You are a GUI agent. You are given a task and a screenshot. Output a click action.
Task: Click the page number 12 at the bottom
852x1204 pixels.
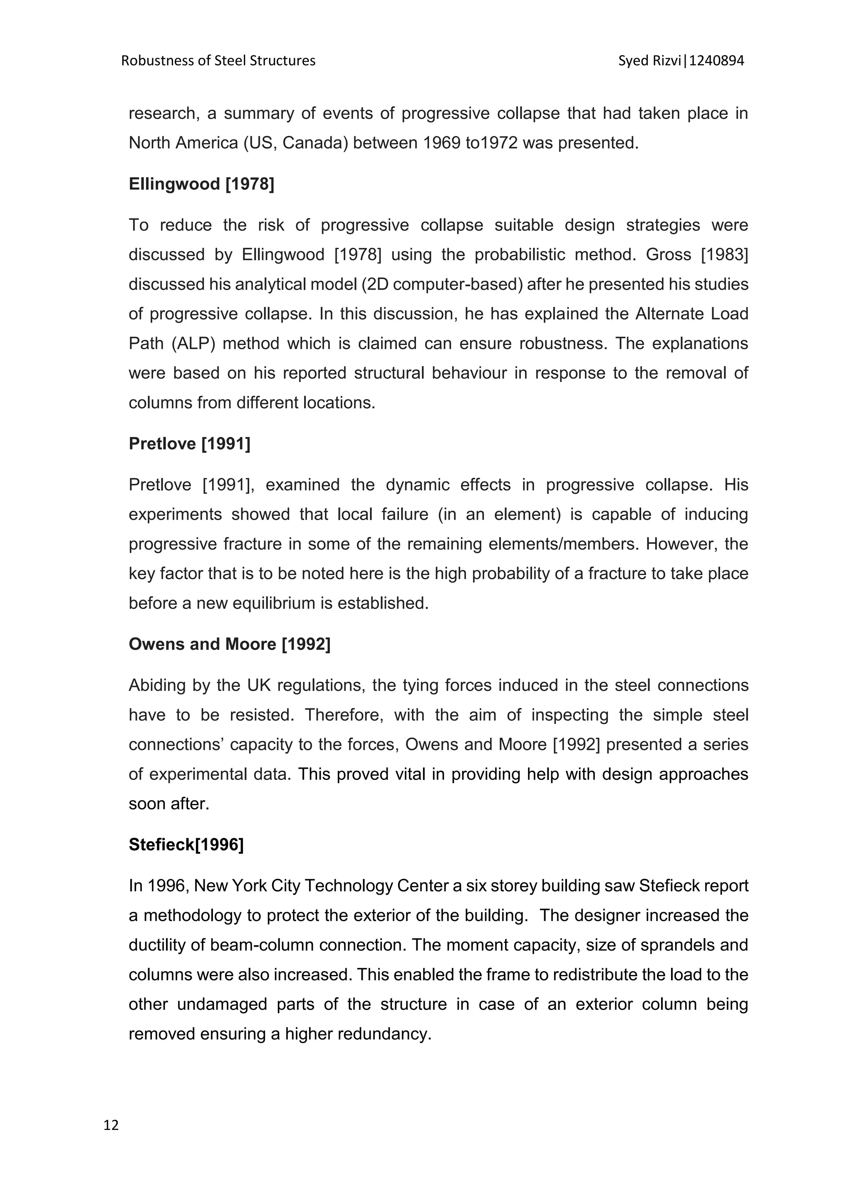(111, 1125)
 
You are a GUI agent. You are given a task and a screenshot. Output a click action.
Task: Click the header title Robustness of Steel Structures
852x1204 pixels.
(218, 61)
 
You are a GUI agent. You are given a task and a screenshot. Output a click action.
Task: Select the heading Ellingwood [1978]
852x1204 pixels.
(201, 184)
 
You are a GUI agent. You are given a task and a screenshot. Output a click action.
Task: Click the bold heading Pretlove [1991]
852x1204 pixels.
(189, 444)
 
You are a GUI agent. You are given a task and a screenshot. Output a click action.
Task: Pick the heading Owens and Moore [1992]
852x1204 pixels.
(229, 644)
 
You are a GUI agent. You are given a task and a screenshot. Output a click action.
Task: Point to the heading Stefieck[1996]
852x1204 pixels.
(186, 844)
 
